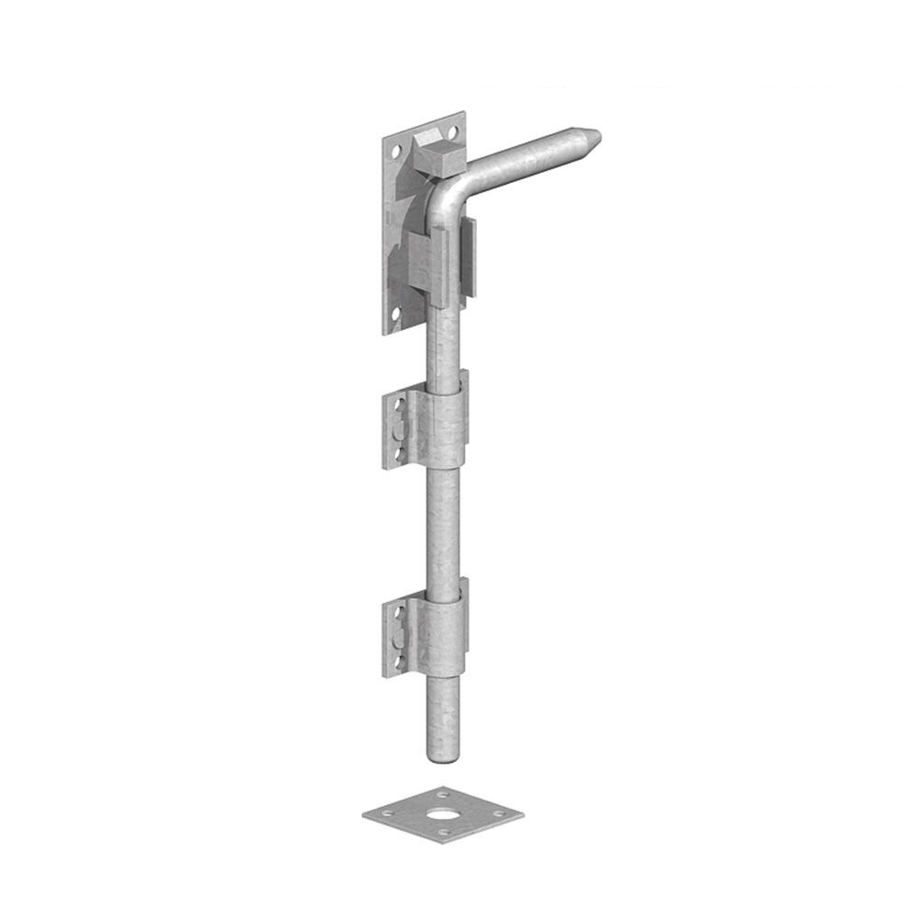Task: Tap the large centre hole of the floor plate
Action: click(x=443, y=814)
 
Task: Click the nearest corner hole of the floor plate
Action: click(x=444, y=833)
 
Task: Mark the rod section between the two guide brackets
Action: click(x=443, y=524)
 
